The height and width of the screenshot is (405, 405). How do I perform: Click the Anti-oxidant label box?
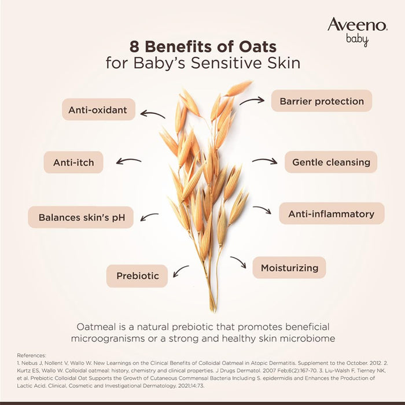(x=98, y=109)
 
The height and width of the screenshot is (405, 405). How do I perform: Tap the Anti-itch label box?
(x=73, y=163)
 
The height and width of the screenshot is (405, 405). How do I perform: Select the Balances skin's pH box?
(x=81, y=218)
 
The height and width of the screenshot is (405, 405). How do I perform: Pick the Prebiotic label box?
(x=137, y=276)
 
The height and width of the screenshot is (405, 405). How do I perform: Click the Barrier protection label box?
(x=322, y=101)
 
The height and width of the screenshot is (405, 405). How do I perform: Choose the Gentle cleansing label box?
(x=331, y=162)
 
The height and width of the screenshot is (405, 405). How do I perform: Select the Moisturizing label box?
(x=289, y=268)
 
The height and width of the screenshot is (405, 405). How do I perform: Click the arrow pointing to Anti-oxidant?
(x=153, y=114)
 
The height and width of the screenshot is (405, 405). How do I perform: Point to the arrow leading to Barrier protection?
(x=252, y=101)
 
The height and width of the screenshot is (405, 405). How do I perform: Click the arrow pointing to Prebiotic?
(x=181, y=270)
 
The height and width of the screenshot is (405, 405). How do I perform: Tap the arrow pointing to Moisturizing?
(x=238, y=262)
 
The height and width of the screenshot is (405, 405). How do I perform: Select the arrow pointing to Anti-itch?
(x=128, y=161)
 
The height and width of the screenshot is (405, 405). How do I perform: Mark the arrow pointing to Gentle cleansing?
(x=264, y=161)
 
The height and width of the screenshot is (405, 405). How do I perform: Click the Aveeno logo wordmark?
(x=357, y=25)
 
